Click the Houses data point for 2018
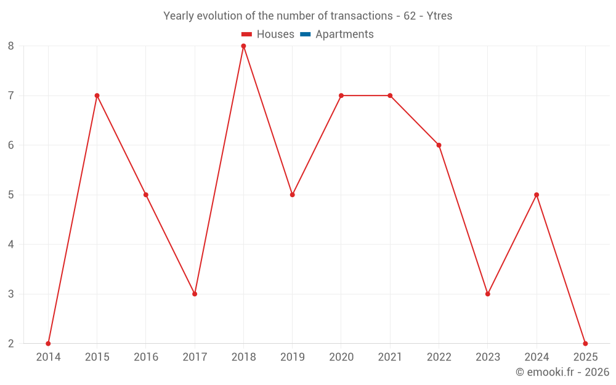[x=243, y=46]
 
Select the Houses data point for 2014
[x=48, y=343]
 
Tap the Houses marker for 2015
[x=97, y=95]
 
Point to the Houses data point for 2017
[x=195, y=294]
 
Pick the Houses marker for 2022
[x=439, y=145]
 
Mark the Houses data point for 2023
[x=488, y=294]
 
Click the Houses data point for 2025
[x=585, y=343]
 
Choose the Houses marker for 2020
[x=341, y=95]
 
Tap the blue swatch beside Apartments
[x=305, y=34]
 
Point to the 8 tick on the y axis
[x=11, y=46]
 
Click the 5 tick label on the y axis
[x=11, y=195]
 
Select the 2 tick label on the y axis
[x=11, y=343]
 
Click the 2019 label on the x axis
[x=292, y=357]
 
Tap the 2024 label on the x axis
[x=537, y=357]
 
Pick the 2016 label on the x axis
[x=146, y=357]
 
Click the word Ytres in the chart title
[x=439, y=16]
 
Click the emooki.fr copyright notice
[x=562, y=372]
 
